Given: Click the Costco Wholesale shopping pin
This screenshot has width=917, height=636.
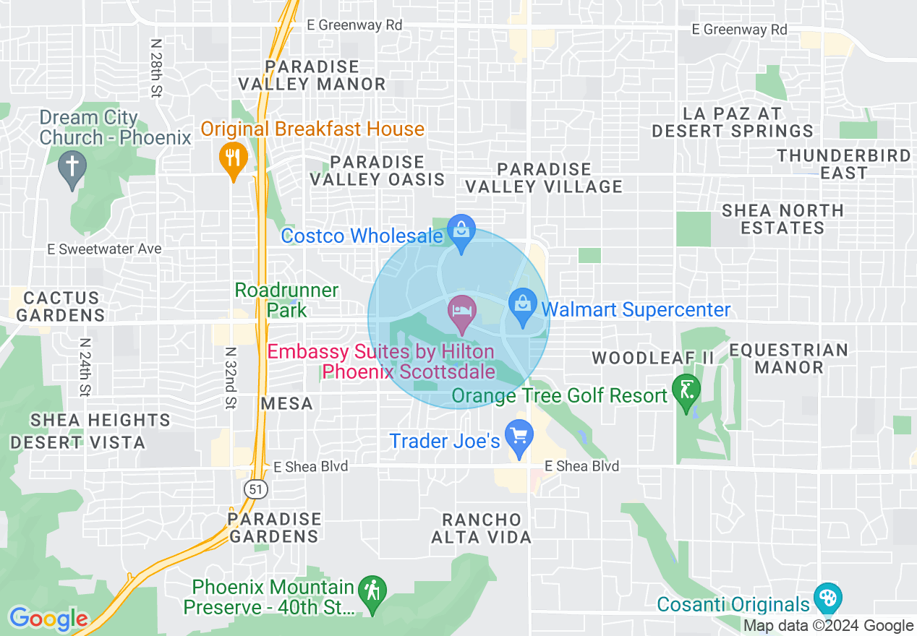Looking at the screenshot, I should [x=460, y=231].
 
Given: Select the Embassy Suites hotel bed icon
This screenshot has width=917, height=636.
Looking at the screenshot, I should [x=461, y=311].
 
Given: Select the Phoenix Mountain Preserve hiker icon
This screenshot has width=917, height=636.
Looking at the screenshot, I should [x=372, y=591].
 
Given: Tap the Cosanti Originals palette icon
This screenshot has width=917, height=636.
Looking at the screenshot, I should [x=827, y=598].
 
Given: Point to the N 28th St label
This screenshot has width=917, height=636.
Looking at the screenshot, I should [x=155, y=67].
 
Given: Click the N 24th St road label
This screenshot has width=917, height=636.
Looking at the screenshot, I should [x=85, y=367].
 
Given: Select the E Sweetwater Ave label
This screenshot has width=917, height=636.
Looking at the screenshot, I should [x=104, y=249].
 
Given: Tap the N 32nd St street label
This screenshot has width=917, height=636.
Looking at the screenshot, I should [x=230, y=377].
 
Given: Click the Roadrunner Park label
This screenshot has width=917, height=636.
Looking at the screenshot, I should [x=287, y=300].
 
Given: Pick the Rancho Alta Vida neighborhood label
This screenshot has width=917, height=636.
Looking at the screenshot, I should [x=482, y=528].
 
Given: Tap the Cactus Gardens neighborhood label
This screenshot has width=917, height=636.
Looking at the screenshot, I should [x=61, y=306].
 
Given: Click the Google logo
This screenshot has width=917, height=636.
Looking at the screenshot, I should [x=48, y=619].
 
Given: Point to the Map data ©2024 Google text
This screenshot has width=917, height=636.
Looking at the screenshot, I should [x=829, y=626].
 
